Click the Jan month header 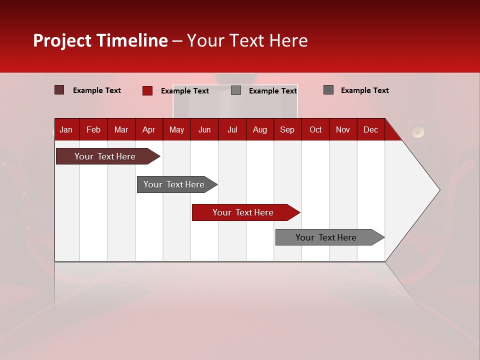coord(66,129)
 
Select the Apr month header coord(148,129)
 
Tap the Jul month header coord(232,129)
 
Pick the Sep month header coord(287,129)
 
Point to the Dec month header coord(370,129)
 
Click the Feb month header coord(93,129)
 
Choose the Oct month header coord(315,129)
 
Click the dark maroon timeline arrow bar coord(105,156)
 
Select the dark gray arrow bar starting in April coord(174,184)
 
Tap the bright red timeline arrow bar coord(243,212)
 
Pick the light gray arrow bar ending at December coord(326,237)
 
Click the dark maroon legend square coord(59,90)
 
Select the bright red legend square coord(147,90)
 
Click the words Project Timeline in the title coord(100,40)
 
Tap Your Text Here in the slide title coord(247,40)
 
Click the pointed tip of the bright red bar coord(297,212)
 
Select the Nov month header coord(343,129)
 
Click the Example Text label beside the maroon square coord(97,90)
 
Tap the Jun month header coord(204,129)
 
